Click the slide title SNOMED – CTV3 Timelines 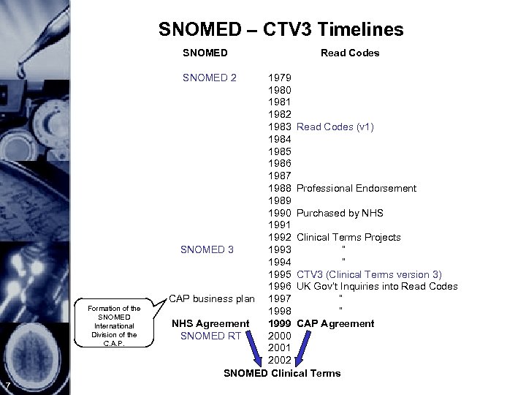click(281, 29)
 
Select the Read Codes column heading click(350, 53)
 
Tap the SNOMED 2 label click(209, 78)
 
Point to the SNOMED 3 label click(207, 249)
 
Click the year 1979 click(281, 78)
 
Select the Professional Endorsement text click(357, 188)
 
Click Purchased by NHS click(340, 213)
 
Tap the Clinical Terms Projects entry click(348, 237)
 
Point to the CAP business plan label click(212, 298)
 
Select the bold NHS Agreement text click(210, 323)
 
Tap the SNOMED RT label click(212, 336)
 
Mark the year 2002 click(281, 361)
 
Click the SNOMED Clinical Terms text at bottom click(282, 373)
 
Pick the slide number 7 click(6, 386)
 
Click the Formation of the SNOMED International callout click(113, 325)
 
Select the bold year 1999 click(281, 323)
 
